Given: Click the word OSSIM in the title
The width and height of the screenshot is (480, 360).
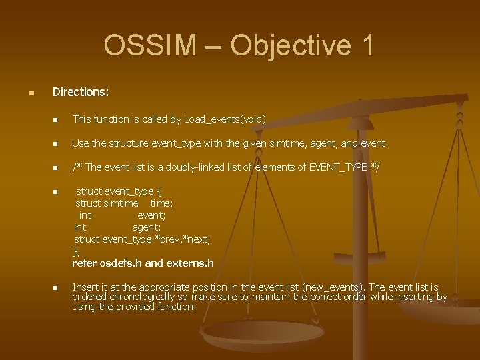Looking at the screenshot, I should coord(150,45).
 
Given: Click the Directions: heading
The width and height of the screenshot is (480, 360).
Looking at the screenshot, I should coord(81,91).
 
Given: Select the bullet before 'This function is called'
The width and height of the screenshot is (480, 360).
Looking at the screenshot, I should coord(56,120).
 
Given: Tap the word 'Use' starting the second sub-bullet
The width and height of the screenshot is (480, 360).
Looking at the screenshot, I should coord(80,143).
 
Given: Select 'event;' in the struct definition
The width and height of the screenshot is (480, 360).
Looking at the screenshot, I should coord(151,215).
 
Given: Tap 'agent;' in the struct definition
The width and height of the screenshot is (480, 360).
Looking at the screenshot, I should coord(146,227).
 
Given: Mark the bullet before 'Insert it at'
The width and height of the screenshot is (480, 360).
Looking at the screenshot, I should coord(56,288).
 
